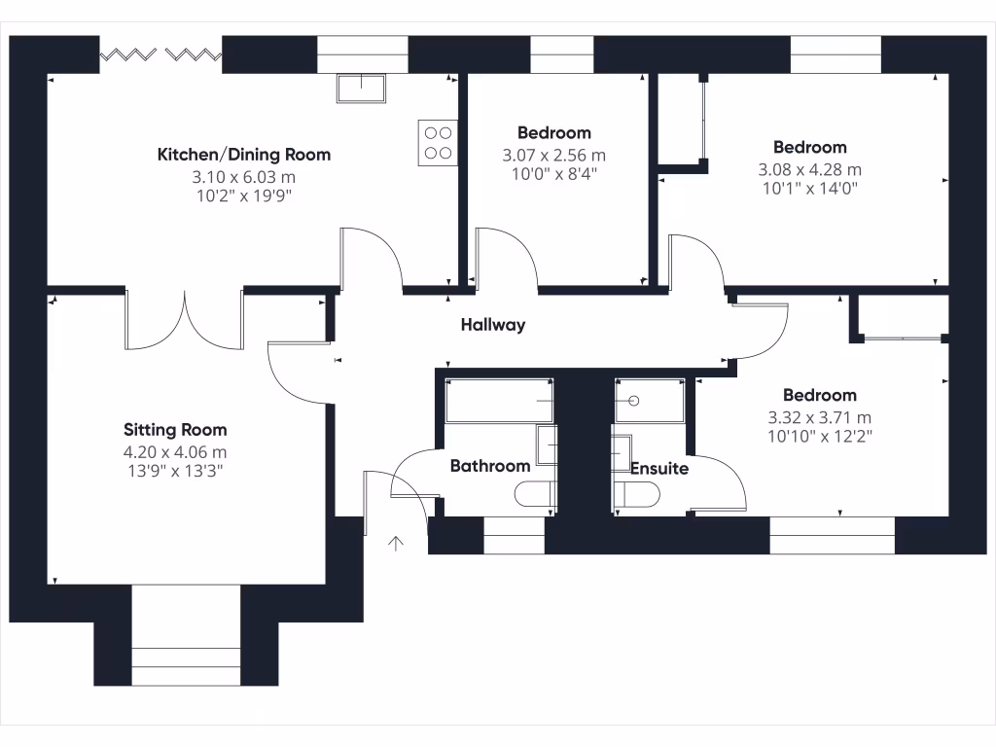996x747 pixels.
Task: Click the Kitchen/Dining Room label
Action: coord(244,155)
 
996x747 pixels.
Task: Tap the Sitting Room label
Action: coord(175,430)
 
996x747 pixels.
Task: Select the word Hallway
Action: coord(493,325)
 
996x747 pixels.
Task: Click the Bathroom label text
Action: coord(490,467)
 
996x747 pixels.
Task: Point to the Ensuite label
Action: coord(659,469)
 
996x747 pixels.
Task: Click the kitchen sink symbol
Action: coord(361,88)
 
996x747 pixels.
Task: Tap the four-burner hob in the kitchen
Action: coord(438,142)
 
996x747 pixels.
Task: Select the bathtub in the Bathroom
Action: coord(499,401)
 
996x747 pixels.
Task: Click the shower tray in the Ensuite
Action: coord(650,400)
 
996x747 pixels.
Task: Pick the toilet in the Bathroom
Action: coord(535,496)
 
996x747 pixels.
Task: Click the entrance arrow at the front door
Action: coord(396,543)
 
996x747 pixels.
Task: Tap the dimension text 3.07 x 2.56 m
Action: coord(553,156)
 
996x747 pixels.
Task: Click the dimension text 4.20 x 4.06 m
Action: coord(175,452)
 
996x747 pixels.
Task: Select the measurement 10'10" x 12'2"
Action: coord(820,437)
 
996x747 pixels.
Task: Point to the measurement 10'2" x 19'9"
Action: coord(244,196)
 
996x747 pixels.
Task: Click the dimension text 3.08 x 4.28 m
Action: coord(809,169)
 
